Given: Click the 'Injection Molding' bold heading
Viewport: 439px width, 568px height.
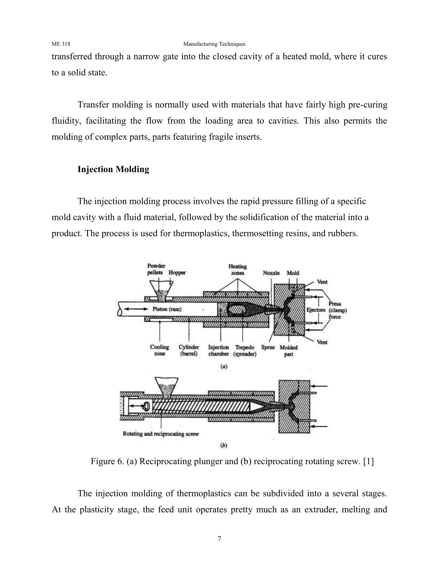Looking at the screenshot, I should [113, 169].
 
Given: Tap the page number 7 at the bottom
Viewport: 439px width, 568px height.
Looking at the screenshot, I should [219, 538].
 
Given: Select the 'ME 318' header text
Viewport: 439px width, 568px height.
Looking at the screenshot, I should [61, 44].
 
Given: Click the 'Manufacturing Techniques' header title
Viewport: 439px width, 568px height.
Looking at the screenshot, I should [214, 44].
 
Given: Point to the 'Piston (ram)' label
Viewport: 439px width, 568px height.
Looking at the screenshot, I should [167, 309].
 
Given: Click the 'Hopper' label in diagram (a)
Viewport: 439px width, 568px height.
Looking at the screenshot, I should [177, 273].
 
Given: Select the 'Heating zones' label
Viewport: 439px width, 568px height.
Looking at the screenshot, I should [238, 270].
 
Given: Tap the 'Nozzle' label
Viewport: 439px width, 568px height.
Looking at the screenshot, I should [271, 273].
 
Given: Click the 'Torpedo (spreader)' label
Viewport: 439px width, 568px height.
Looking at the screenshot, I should [245, 351].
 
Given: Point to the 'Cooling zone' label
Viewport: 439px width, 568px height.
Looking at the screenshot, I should [159, 351].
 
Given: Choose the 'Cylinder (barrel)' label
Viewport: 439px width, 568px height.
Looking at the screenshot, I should [189, 351].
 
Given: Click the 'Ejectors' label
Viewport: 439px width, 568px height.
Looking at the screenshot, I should [316, 310].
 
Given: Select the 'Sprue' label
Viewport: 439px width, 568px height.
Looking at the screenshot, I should [268, 347].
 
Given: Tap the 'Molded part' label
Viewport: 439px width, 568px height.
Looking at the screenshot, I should [289, 351].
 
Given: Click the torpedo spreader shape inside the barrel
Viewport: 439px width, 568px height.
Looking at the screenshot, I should [236, 310].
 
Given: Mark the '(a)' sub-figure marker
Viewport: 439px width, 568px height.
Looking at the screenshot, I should [224, 367].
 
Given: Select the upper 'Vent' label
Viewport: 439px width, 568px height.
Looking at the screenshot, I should [322, 282].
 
